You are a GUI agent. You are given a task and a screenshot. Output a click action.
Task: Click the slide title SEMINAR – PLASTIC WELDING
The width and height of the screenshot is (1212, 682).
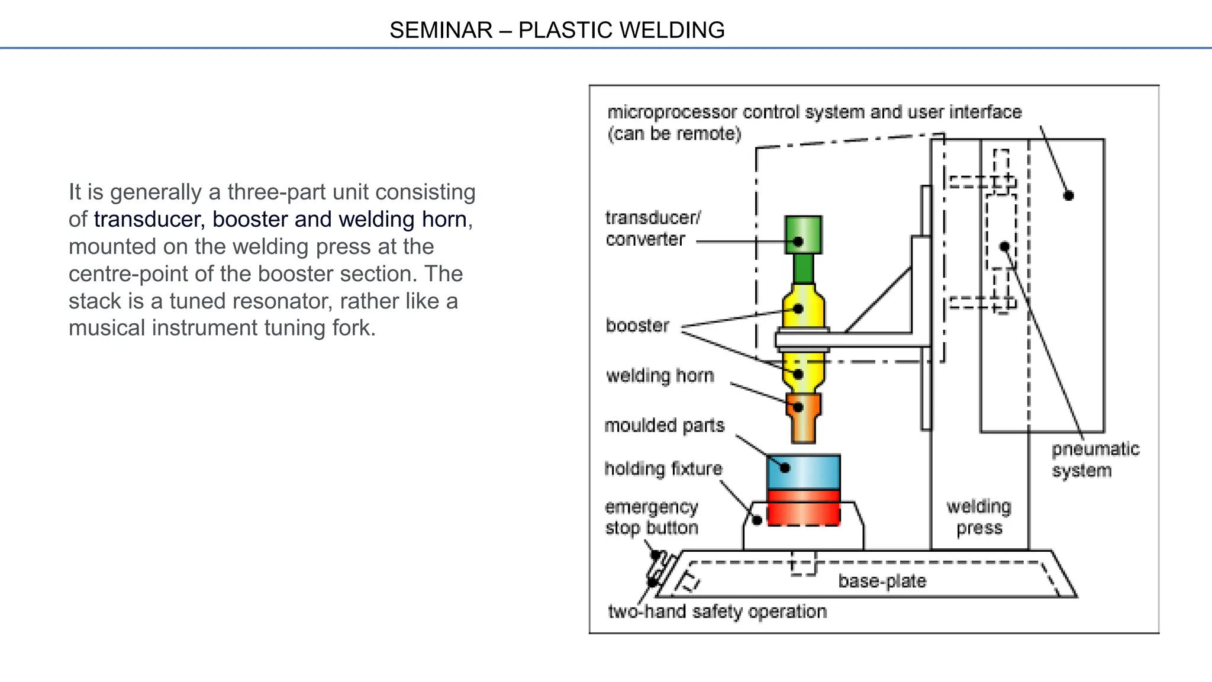point(557,30)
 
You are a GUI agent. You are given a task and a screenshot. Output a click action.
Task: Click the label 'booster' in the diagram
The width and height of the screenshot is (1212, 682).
point(637,325)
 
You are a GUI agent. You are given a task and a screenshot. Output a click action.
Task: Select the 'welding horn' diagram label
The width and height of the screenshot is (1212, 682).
point(660,375)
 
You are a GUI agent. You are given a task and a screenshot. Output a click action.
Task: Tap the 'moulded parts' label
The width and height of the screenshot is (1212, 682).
point(664,425)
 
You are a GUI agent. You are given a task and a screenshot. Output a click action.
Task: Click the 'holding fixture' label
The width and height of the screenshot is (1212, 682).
point(663,468)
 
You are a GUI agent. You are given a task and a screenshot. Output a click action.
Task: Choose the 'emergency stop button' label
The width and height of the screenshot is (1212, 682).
point(652,517)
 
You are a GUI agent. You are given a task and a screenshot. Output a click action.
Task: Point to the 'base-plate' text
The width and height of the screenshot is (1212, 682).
point(882,581)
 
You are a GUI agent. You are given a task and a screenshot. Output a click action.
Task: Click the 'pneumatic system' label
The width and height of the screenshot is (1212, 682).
point(1095,459)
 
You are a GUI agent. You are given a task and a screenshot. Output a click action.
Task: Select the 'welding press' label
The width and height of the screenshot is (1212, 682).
point(979,517)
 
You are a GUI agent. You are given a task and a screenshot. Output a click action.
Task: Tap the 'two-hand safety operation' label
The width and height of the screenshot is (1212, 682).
point(717,611)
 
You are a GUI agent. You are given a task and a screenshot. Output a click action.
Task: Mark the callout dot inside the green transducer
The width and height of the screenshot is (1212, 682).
point(798,242)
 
